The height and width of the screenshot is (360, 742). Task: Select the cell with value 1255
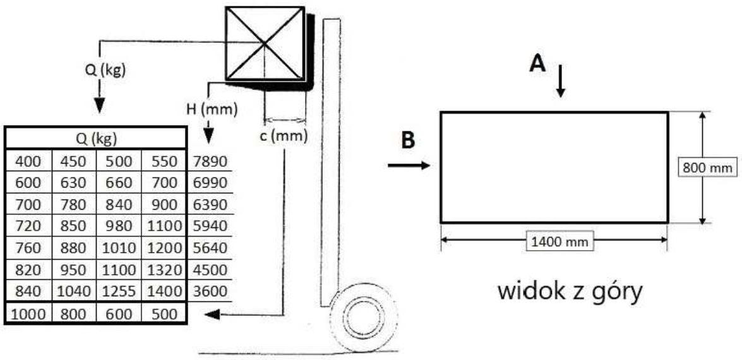coord(119,292)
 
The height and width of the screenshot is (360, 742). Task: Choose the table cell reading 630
coord(73,183)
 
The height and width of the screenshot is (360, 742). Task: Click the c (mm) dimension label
coord(285,135)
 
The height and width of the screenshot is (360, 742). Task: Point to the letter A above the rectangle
coord(537,63)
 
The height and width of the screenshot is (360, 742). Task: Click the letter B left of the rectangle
coord(409,140)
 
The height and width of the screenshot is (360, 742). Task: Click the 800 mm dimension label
coord(707,168)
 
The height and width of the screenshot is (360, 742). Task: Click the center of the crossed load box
coord(265,43)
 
